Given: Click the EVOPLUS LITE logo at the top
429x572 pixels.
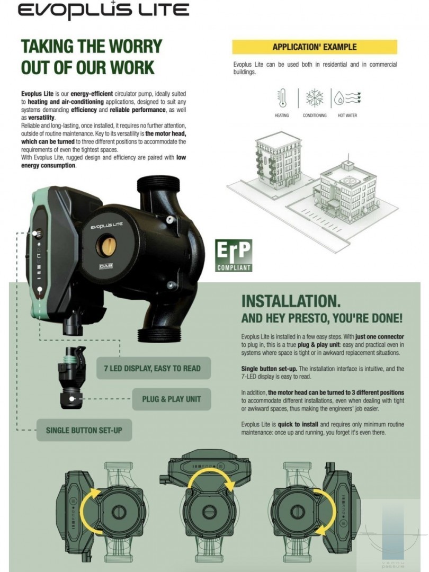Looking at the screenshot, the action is (x=103, y=10).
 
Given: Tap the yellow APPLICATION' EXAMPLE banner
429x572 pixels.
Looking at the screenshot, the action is (x=315, y=47).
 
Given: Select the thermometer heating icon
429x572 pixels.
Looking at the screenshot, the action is (x=282, y=98).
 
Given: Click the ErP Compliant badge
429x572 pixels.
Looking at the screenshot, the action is (x=234, y=255).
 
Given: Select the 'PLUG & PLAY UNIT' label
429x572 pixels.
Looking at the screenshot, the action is (x=172, y=399).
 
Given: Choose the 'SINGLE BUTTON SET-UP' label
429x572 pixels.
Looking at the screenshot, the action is (x=84, y=430).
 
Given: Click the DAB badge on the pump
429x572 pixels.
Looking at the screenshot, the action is (x=106, y=266).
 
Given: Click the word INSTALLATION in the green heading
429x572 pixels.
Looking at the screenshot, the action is (x=291, y=301).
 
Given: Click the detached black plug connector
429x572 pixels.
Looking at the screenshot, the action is (x=72, y=378).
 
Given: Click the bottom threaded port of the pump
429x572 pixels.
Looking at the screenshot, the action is (x=159, y=335).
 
